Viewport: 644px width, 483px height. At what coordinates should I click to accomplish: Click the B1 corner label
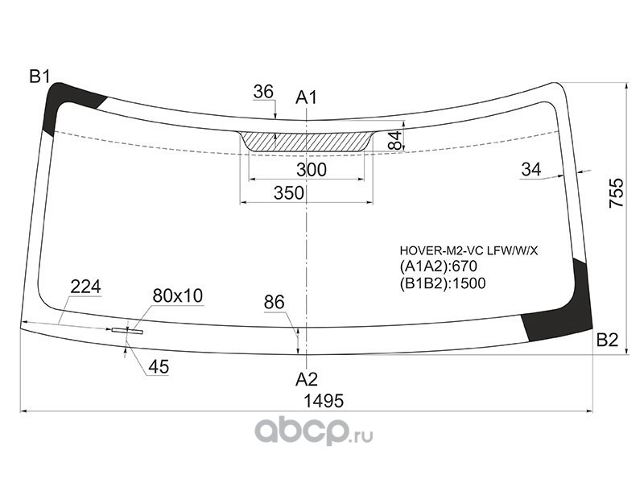tap(39, 76)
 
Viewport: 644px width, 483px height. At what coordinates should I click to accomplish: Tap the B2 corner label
tap(607, 340)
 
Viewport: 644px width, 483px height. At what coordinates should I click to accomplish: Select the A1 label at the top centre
tap(307, 97)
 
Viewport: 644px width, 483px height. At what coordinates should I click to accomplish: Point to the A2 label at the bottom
tap(307, 379)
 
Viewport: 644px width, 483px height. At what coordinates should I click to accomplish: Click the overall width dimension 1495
tap(324, 400)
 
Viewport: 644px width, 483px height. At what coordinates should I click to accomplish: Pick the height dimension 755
tap(616, 192)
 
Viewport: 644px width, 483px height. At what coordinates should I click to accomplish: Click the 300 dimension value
tap(312, 170)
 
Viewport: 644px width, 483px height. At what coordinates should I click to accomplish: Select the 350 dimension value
tap(289, 192)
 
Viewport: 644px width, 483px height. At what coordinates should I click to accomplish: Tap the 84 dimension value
tap(394, 140)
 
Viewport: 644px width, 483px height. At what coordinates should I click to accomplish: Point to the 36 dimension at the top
tap(263, 92)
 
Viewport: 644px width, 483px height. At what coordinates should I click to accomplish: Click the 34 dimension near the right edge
tap(531, 169)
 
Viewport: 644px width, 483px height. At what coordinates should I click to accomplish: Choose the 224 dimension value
tap(85, 287)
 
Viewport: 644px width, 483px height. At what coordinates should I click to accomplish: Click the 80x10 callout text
tap(178, 295)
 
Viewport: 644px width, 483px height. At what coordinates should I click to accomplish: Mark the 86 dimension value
tap(274, 303)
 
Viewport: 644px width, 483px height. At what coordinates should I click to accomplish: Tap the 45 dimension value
tap(159, 367)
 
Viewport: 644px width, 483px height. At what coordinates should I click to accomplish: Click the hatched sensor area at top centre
tap(307, 142)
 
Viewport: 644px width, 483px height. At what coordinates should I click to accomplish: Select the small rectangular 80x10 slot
tap(127, 331)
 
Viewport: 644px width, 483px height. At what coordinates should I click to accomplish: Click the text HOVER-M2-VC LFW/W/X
tap(469, 250)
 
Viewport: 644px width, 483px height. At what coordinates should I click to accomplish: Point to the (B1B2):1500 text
tap(443, 283)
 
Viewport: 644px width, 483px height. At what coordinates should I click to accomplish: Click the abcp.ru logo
tap(314, 431)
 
